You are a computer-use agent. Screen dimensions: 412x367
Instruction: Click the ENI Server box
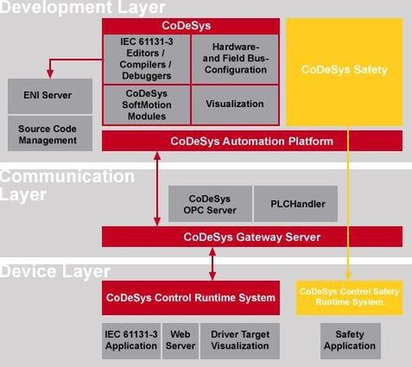click(50, 96)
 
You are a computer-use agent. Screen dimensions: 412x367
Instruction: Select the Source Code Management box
click(50, 134)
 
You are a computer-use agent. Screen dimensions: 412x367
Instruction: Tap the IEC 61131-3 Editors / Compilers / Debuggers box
click(146, 59)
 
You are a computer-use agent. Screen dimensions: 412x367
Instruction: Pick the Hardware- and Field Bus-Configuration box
click(235, 59)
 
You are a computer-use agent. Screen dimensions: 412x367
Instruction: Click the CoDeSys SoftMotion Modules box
click(146, 105)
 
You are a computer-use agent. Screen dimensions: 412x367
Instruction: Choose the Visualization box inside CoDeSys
click(235, 105)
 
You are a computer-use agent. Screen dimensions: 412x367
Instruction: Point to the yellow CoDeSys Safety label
click(344, 69)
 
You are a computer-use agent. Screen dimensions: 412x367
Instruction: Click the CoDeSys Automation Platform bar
click(252, 141)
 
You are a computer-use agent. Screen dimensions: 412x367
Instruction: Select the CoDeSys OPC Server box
click(211, 204)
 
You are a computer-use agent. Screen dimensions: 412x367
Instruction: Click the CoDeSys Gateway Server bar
click(252, 237)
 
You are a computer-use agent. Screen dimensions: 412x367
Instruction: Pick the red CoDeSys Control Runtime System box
click(191, 298)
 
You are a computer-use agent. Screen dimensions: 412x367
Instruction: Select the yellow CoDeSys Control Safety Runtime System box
click(349, 298)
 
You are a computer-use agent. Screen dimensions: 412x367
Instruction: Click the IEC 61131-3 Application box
click(131, 341)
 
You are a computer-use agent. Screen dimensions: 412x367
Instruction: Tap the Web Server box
click(180, 341)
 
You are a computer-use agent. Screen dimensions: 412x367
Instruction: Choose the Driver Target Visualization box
click(240, 341)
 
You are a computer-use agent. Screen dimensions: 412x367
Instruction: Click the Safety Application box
click(350, 341)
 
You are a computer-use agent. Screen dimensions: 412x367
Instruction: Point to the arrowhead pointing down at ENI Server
click(50, 74)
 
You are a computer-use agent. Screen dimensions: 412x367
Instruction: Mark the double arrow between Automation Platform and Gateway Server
click(157, 188)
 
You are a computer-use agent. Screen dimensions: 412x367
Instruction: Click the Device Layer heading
click(55, 272)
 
